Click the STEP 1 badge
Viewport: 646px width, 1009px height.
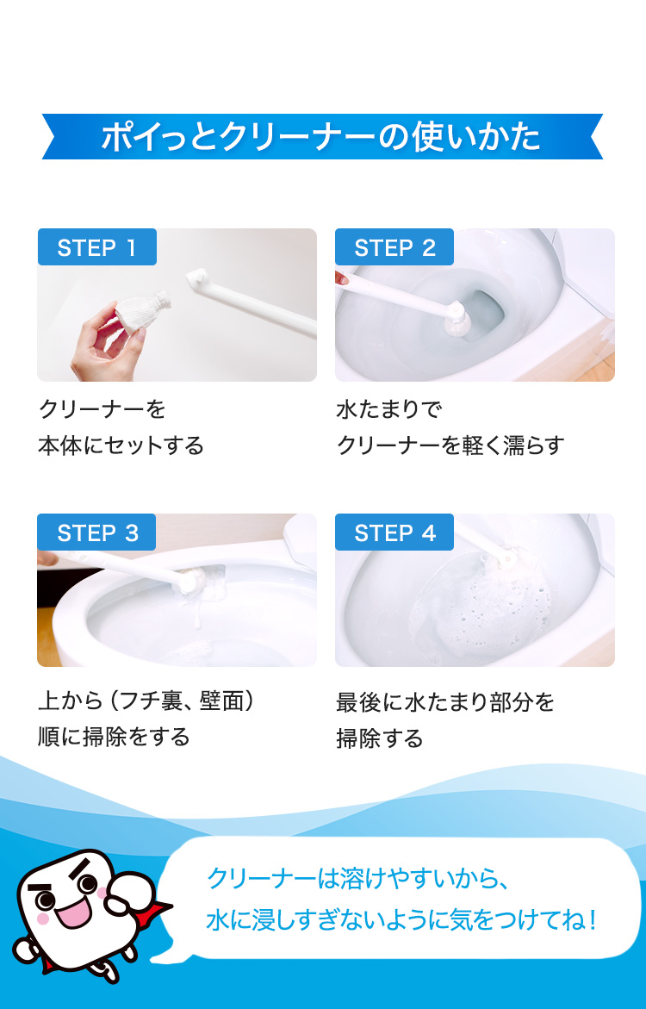coord(96,247)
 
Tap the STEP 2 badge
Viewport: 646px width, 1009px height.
coord(394,247)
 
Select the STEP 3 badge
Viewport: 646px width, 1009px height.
coord(96,533)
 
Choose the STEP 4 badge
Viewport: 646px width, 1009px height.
coord(394,533)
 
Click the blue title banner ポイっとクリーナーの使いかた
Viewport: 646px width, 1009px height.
coord(322,137)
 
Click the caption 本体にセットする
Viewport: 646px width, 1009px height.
coord(121,445)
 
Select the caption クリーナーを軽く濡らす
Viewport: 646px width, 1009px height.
coord(450,445)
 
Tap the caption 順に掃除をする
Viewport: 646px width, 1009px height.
coord(114,738)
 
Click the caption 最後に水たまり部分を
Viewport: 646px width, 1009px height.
coord(445,702)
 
